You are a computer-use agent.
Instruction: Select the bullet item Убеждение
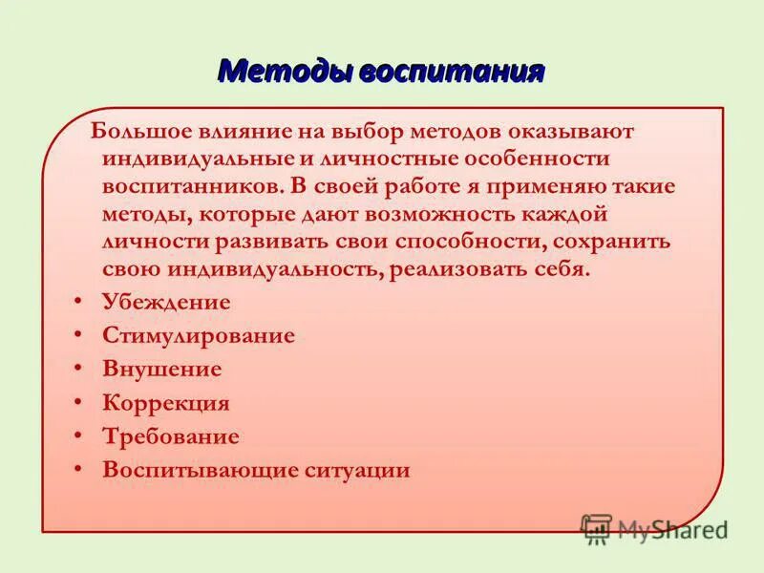(x=166, y=303)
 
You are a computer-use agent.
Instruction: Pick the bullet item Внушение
(x=161, y=370)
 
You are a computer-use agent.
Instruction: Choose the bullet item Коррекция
(x=165, y=403)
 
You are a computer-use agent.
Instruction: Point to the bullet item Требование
(x=170, y=436)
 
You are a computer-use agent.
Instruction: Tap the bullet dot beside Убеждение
(x=76, y=303)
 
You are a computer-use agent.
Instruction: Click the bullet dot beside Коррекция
(x=76, y=403)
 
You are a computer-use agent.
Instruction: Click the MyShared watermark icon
(x=597, y=528)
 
